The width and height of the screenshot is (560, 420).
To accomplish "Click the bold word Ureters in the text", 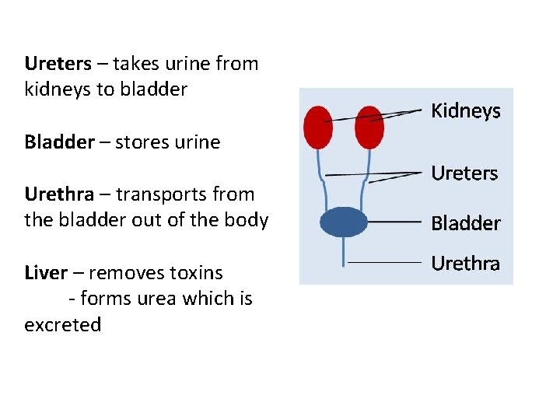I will click(58, 63).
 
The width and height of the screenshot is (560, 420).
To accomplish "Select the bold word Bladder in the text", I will click(57, 142).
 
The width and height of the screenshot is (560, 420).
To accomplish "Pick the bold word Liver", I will click(45, 273).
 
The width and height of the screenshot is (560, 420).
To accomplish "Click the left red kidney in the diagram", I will click(318, 127).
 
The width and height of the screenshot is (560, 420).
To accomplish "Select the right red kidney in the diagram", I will click(369, 127).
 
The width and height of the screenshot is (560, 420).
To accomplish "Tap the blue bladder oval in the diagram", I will click(344, 222).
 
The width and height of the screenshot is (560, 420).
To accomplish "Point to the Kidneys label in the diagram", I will click(466, 111).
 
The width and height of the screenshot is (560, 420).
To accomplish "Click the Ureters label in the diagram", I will click(464, 173).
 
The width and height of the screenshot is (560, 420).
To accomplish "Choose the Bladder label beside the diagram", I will click(466, 223).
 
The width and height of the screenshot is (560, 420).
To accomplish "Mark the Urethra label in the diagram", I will click(465, 264).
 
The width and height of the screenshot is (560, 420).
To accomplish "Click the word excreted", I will click(62, 324).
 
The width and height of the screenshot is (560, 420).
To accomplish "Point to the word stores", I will click(141, 142).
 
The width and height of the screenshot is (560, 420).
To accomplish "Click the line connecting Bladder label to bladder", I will click(395, 221).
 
